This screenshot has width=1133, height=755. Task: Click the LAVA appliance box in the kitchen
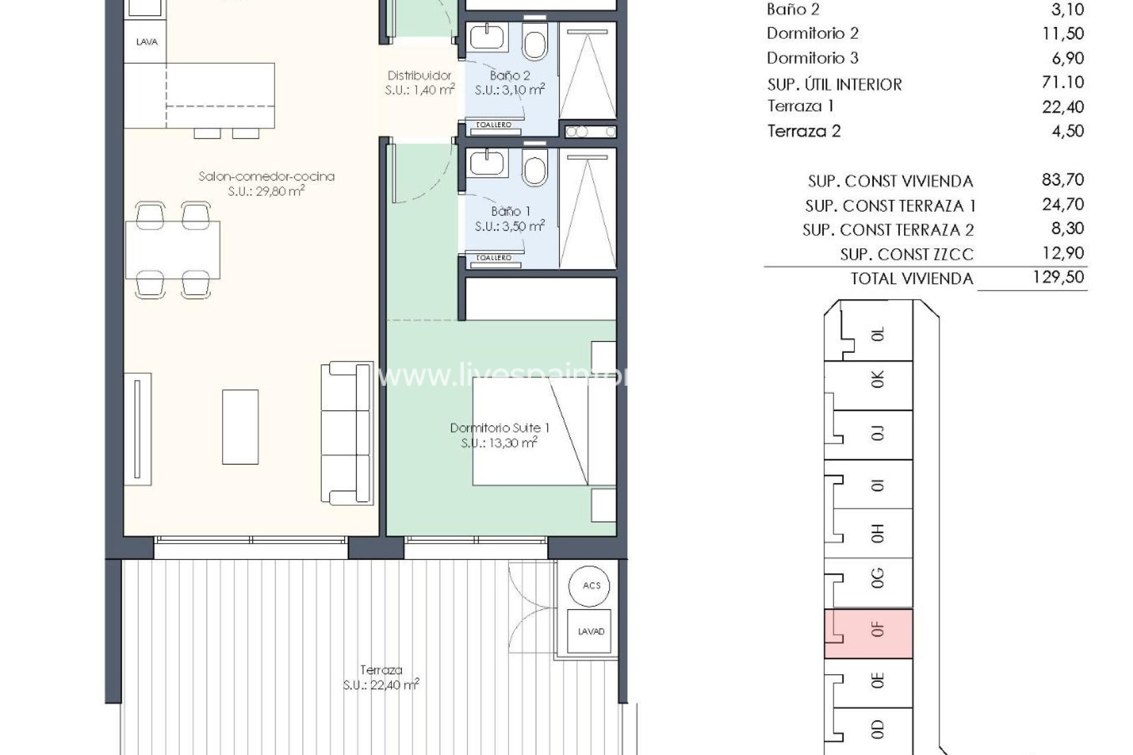(146, 42)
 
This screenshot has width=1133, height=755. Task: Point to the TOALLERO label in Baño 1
(493, 258)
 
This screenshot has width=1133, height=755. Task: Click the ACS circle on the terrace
(591, 585)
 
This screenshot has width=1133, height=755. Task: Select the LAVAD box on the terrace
(591, 631)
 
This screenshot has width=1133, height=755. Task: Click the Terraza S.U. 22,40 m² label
(381, 677)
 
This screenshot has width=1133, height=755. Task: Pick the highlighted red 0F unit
(869, 633)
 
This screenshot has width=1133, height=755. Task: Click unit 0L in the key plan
(877, 334)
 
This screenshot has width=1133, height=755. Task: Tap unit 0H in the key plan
(877, 534)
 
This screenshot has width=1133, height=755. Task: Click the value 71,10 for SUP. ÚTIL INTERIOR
(1063, 82)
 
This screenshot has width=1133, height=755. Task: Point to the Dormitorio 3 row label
(812, 58)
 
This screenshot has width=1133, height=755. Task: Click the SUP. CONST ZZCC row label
(906, 254)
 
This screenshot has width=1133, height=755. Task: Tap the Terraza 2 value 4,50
(1067, 130)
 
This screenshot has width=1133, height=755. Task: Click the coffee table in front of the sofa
(240, 426)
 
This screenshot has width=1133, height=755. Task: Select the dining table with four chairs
(173, 250)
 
